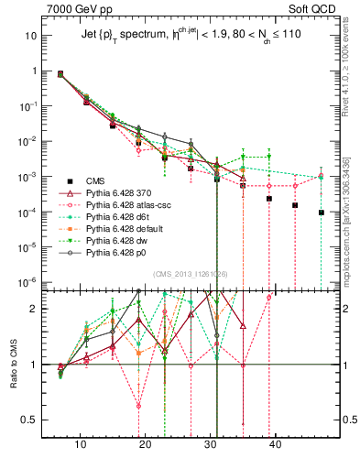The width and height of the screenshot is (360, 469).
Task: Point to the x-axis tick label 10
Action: pos(81,444)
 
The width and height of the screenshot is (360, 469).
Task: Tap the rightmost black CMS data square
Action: pos(322,213)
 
